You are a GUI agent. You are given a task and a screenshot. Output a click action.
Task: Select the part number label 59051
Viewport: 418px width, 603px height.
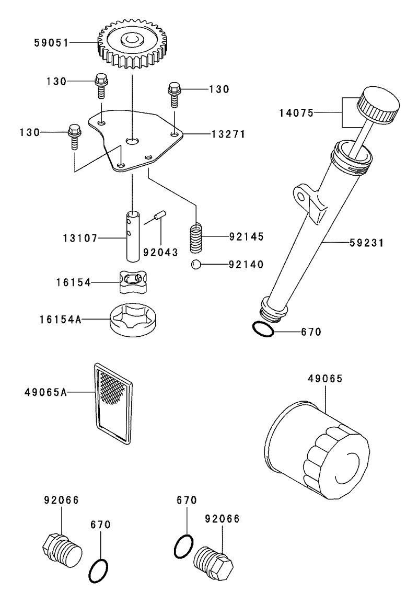(51, 43)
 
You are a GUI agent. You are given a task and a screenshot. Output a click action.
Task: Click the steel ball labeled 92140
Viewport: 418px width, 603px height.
(196, 264)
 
